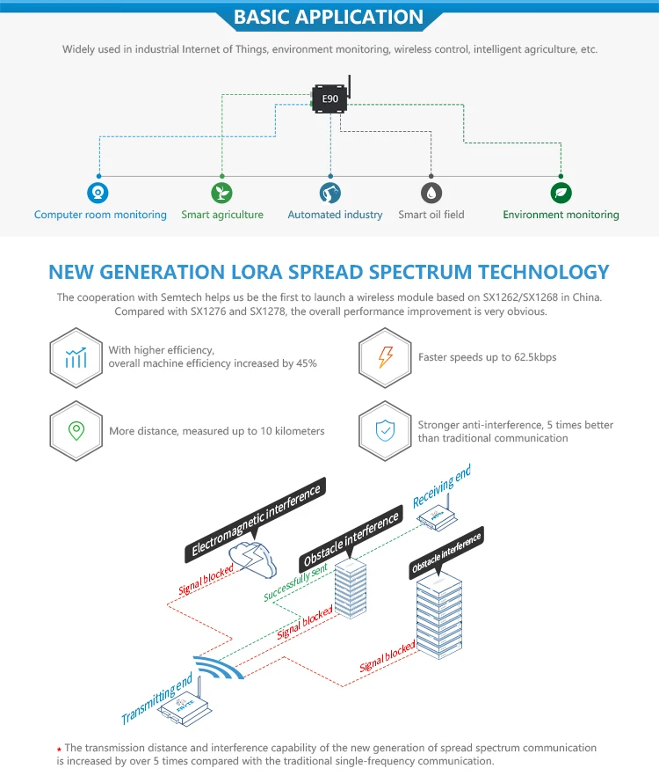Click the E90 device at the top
[x=329, y=99]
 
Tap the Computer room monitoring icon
[x=98, y=193]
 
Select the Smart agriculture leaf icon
[x=222, y=193]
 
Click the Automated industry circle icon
[x=330, y=193]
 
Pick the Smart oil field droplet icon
[x=431, y=193]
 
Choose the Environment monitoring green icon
[x=561, y=193]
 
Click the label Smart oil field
[x=431, y=215]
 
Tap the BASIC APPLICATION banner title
[x=329, y=17]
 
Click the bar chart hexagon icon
[x=76, y=356]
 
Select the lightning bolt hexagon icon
[x=385, y=356]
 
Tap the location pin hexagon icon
[x=76, y=430]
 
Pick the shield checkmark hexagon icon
[x=385, y=430]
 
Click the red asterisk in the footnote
[x=59, y=750]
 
